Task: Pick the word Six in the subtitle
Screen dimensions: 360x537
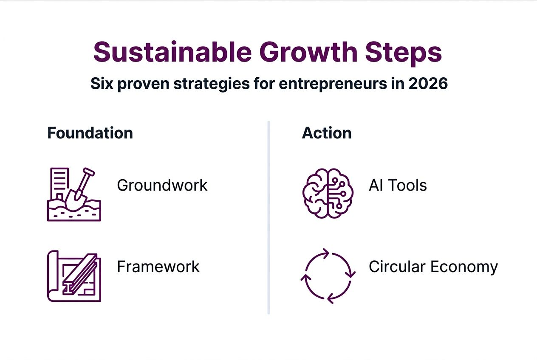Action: pos(101,84)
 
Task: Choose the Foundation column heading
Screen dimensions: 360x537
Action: pos(90,133)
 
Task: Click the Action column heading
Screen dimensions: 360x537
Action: pos(327,133)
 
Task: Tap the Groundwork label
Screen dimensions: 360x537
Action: pos(162,186)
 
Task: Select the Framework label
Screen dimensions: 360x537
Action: pos(158,267)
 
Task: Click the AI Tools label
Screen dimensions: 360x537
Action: pos(398,186)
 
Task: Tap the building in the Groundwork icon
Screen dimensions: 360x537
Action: pos(59,183)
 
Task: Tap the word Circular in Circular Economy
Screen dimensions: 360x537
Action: pos(397,267)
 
